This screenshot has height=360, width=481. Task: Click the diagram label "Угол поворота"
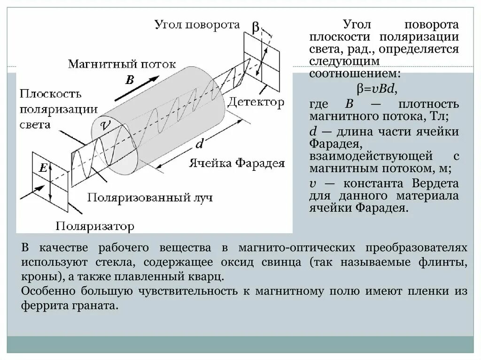(198, 25)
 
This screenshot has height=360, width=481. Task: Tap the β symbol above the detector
(255, 27)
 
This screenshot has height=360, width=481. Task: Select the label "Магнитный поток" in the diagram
(122, 63)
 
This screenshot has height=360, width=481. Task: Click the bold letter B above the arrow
(130, 80)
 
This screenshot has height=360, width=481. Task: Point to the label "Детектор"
(257, 102)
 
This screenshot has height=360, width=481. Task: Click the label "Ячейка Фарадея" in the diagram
(237, 163)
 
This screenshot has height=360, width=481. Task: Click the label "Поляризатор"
(95, 227)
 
